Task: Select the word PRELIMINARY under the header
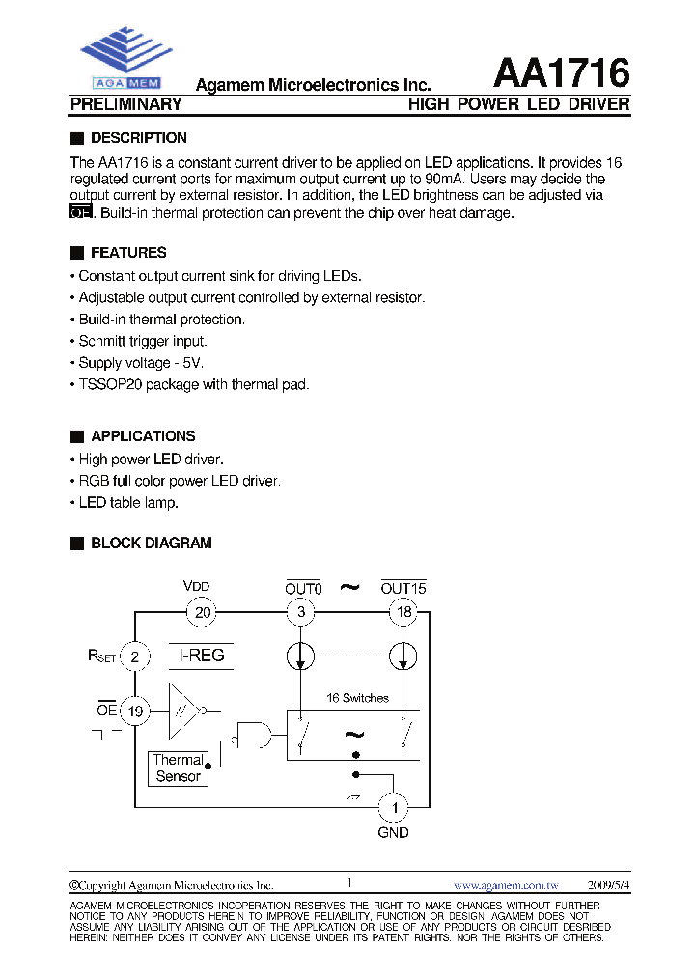click(126, 104)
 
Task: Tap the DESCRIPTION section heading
click(138, 138)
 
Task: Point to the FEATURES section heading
click(127, 253)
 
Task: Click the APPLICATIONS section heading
click(142, 436)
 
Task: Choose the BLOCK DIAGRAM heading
click(151, 544)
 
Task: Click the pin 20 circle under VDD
click(203, 611)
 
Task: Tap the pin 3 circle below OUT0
click(301, 611)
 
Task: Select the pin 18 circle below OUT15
click(403, 611)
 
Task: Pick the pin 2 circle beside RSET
click(135, 657)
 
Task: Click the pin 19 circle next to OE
click(135, 712)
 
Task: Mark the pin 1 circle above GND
click(393, 805)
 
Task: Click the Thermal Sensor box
click(179, 768)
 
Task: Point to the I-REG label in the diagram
click(202, 656)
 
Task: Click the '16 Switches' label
click(357, 698)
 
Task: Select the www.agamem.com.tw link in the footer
click(506, 885)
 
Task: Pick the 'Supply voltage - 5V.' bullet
click(141, 363)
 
